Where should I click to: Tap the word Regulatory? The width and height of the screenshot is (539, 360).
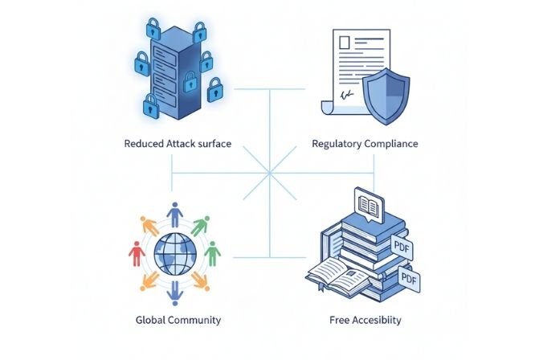click(x=338, y=145)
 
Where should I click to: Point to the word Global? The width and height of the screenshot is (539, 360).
click(x=151, y=321)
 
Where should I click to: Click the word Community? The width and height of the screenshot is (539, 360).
click(x=194, y=321)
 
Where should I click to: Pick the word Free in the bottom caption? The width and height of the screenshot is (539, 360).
click(x=341, y=321)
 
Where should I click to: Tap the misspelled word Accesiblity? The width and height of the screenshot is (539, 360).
click(x=377, y=321)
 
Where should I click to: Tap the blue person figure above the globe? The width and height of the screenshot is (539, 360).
click(x=174, y=215)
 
